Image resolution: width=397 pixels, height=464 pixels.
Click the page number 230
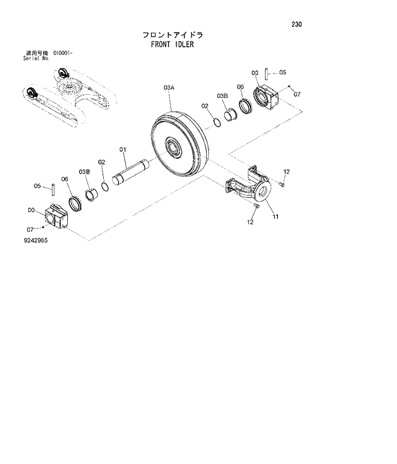point(295,25)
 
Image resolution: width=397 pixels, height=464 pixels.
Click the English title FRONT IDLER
point(172,45)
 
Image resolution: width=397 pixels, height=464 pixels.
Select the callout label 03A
point(168,86)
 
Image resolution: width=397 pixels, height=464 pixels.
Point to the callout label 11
point(275,217)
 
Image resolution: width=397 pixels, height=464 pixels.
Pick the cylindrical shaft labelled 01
point(131,172)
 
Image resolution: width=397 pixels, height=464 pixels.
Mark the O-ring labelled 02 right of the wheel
point(215,121)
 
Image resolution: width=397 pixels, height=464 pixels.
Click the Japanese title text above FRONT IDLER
point(173,34)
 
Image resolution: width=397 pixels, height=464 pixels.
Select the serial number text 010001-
point(63,53)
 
